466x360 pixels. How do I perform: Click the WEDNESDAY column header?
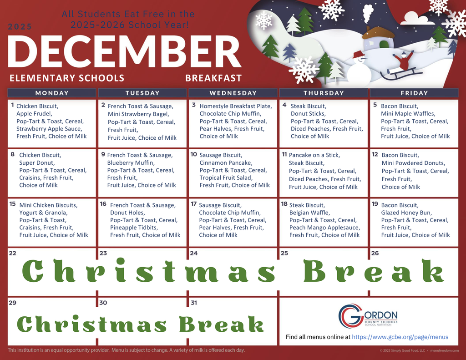[233, 93]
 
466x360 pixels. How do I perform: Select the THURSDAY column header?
[324, 93]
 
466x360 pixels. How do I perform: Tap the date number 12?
[375, 154]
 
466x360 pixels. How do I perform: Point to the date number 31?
[194, 303]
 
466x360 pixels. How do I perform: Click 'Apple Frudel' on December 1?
[34, 114]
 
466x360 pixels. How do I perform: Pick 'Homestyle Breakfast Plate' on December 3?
[235, 106]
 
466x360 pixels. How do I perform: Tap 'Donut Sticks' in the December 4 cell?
[308, 114]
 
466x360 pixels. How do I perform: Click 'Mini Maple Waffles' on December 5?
[408, 114]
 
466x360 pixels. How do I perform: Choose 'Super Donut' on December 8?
[37, 163]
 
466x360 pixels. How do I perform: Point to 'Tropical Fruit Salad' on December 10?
[226, 177]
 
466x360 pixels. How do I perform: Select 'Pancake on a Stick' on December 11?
[314, 155]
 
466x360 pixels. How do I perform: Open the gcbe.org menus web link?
[400, 337]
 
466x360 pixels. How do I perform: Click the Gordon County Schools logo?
[368, 316]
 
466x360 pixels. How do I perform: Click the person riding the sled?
[403, 62]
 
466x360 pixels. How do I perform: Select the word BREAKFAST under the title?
[213, 78]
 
